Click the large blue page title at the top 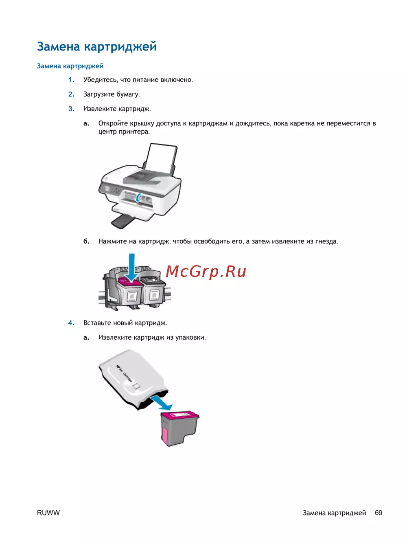click(x=97, y=47)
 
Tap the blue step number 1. click(x=71, y=80)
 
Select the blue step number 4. click(x=71, y=323)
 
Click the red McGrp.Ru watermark click(x=206, y=271)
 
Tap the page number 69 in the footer click(x=379, y=513)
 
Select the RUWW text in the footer click(x=48, y=513)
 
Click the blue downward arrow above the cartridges click(x=132, y=268)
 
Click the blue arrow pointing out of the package click(x=162, y=403)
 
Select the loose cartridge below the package click(x=179, y=429)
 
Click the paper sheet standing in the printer click(x=160, y=158)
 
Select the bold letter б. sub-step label click(x=86, y=241)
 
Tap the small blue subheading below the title click(x=70, y=66)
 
